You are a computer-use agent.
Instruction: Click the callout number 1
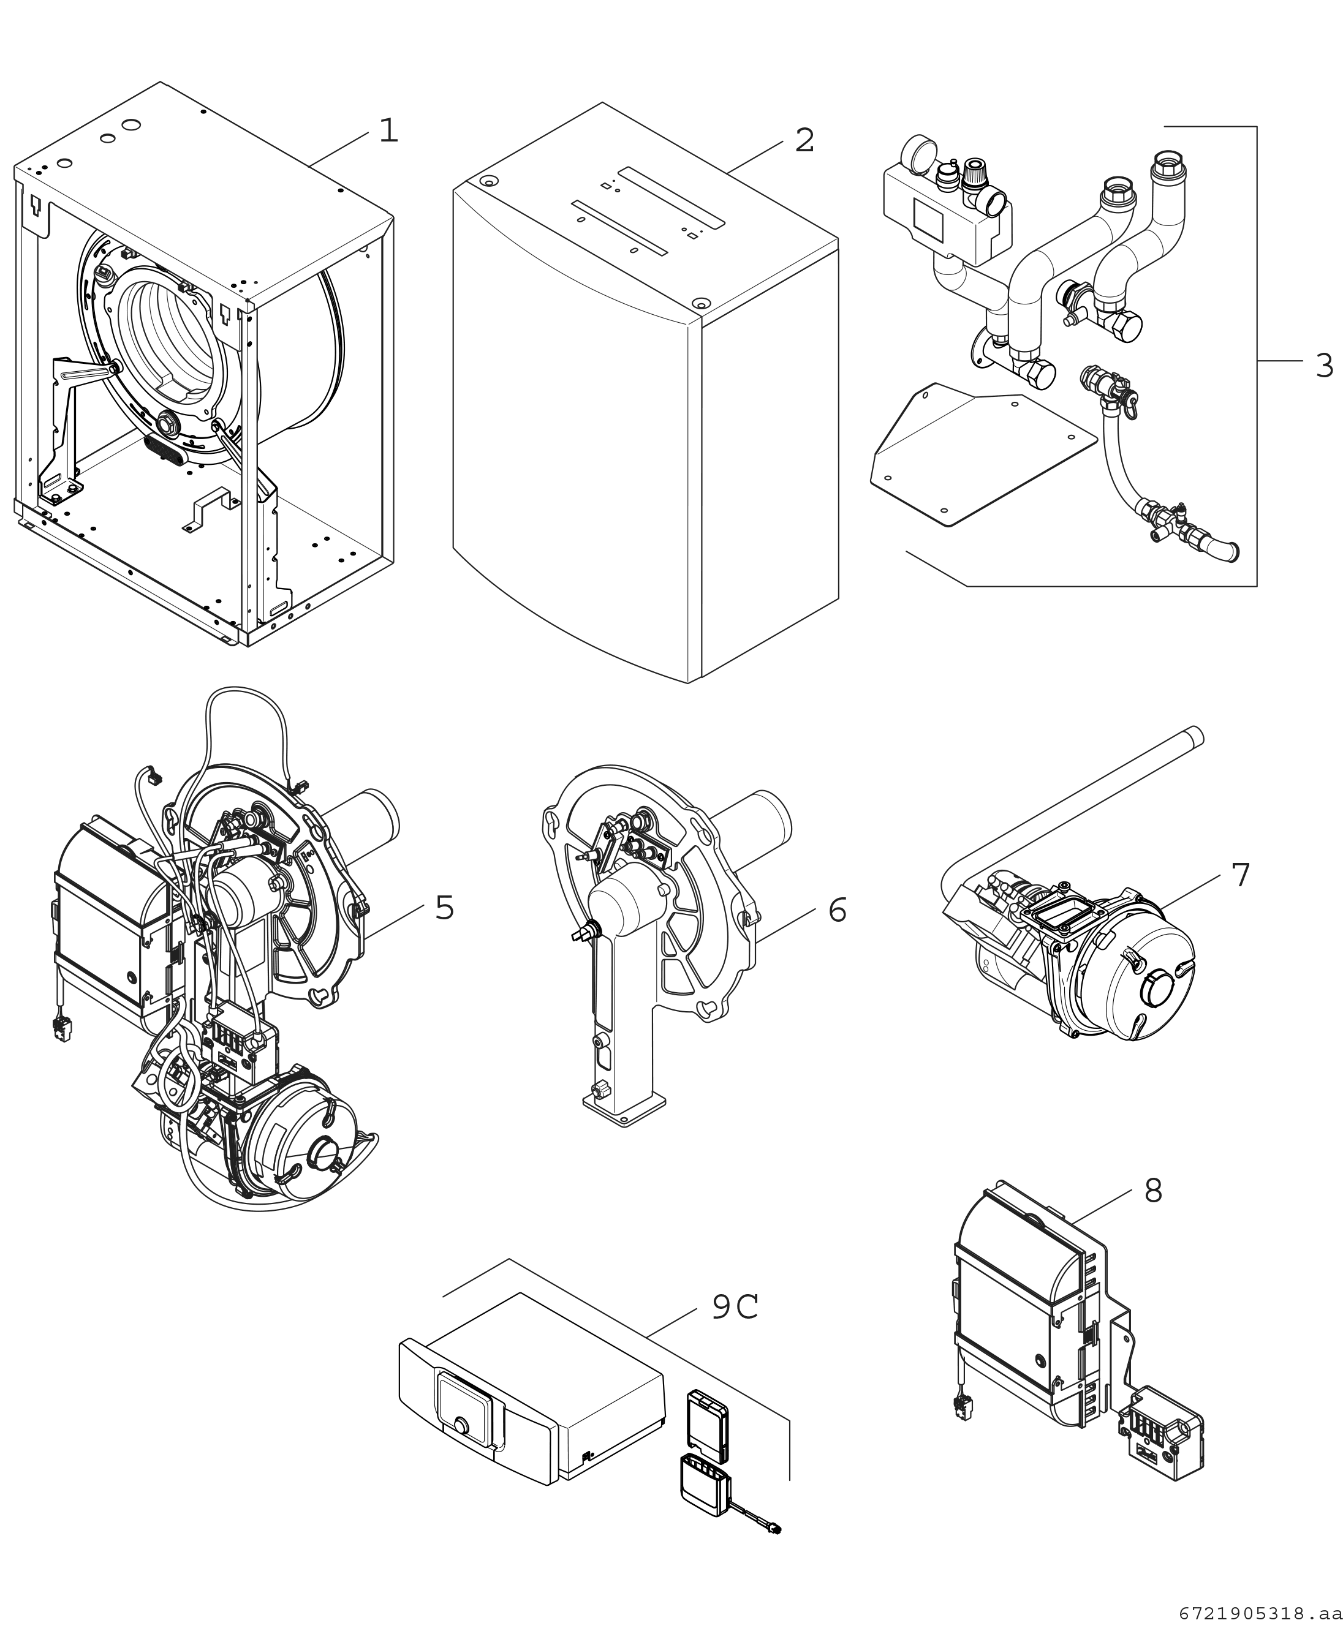pos(388,130)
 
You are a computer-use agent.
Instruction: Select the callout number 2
pos(804,141)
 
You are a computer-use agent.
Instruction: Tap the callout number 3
pos(1323,365)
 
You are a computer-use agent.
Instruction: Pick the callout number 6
pos(837,910)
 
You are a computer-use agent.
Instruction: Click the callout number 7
pos(1240,875)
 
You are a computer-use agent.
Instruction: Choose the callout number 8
pos(1152,1191)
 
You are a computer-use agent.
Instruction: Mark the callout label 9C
pos(734,1307)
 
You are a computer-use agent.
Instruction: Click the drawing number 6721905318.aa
pos(1260,1613)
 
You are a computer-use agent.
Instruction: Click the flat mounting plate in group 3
pos(983,456)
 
